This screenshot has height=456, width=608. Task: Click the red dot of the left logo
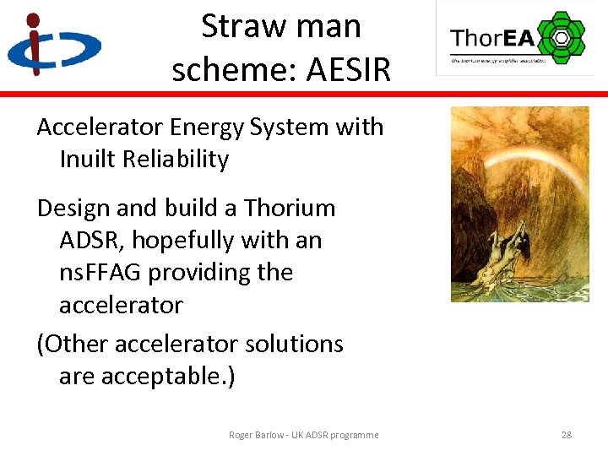(33, 19)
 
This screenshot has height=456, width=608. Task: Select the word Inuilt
(89, 160)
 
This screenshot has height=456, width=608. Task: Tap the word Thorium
(290, 208)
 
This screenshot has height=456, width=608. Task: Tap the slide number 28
(566, 435)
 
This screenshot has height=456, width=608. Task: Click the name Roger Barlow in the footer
(258, 435)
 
